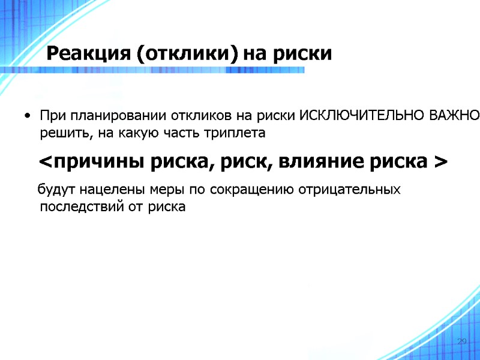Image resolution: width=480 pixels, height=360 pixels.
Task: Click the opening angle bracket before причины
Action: coord(45,162)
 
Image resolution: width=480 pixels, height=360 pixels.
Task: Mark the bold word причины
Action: coord(92,162)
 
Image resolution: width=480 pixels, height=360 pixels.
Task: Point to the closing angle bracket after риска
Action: coord(440,162)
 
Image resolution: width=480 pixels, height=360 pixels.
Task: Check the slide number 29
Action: coord(462,341)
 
